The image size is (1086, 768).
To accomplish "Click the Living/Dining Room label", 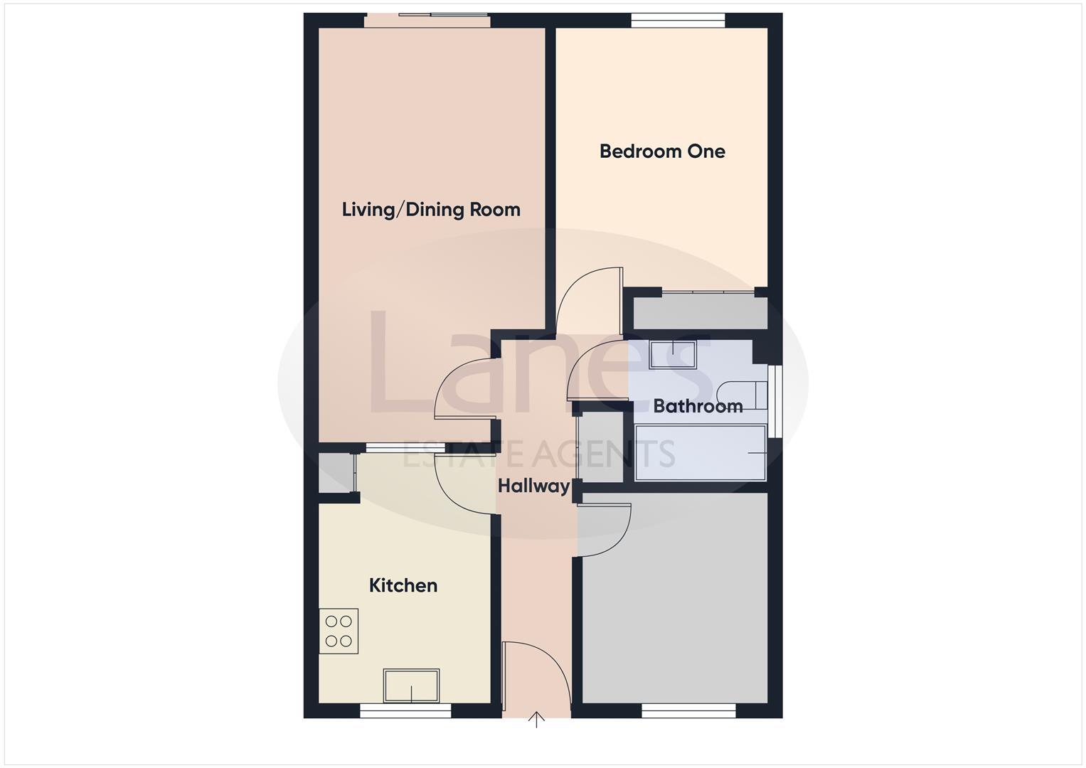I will pos(431,210).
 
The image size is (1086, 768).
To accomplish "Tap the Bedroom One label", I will pos(662,151).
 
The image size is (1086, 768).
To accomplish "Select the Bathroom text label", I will pos(698,406).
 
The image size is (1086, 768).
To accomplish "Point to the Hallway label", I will pos(533,486).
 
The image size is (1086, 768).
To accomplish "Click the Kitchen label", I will pos(403,585).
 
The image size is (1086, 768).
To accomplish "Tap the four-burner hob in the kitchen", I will pos(339,631).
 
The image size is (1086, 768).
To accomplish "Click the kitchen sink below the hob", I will pos(411,685).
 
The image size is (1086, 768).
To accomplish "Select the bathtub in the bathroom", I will pos(701,452).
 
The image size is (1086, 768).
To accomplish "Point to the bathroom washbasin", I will pos(672,354).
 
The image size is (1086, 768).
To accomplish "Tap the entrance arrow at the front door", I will pos(537,720).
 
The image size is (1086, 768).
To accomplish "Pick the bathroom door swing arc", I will pos(596,371).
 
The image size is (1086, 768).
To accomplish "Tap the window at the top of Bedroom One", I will pos(678,21).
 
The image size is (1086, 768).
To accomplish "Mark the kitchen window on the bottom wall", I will pos(405,710).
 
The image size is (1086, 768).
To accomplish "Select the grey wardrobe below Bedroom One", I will pos(700,313).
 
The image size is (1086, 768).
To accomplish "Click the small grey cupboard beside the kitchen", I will pos(336,472).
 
